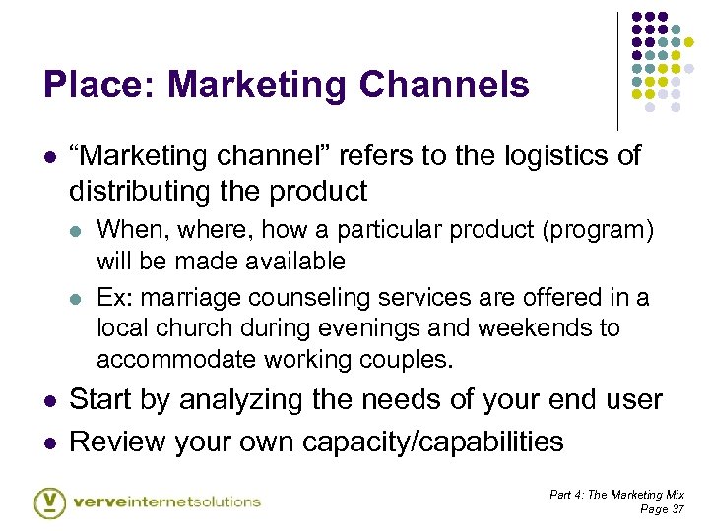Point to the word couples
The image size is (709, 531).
tap(405, 359)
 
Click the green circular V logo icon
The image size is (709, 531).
tap(49, 501)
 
